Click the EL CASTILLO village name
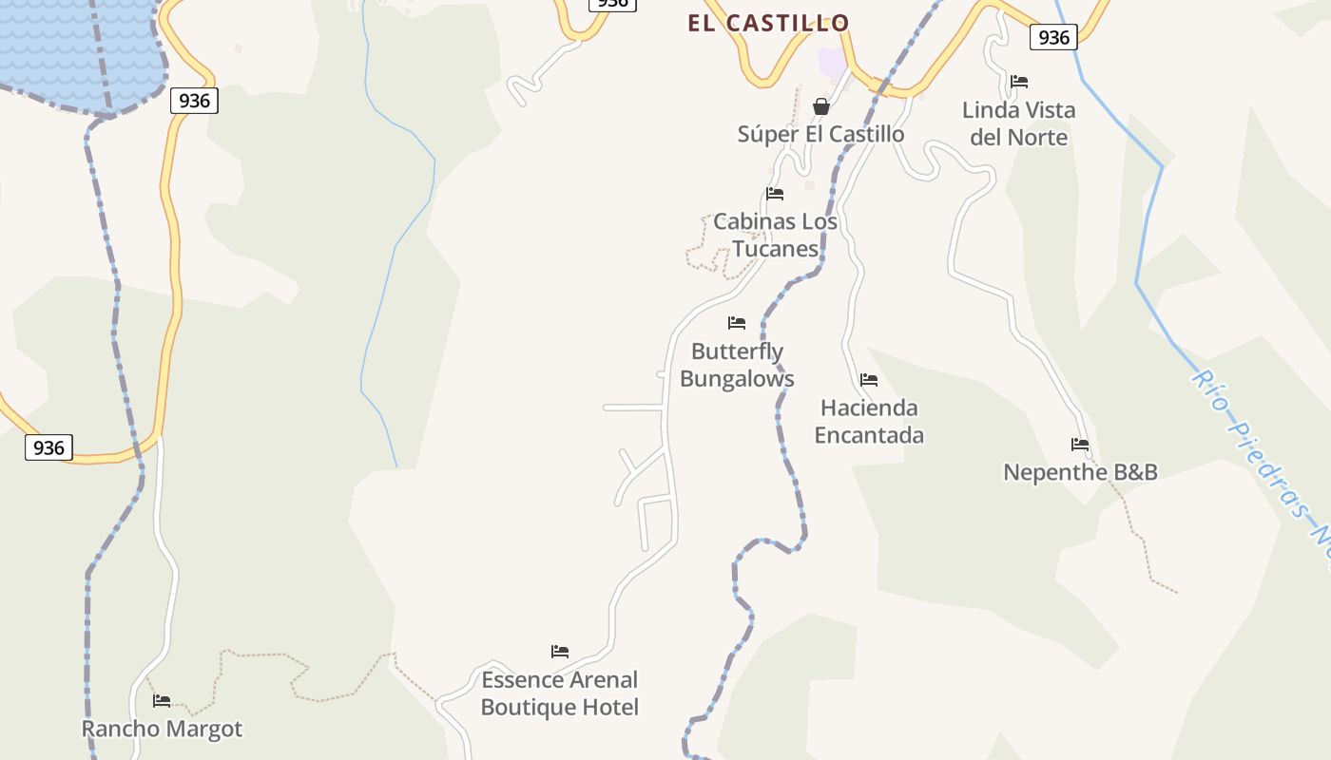[x=768, y=23]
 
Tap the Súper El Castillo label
[x=820, y=134]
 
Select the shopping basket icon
[x=821, y=106]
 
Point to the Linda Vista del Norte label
[x=1018, y=123]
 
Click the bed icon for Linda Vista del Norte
[x=1019, y=82]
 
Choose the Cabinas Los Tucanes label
[x=775, y=235]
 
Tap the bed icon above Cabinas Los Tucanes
[x=775, y=194]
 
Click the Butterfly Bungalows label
[x=737, y=365]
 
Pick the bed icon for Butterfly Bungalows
[x=737, y=323]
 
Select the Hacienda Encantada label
[x=869, y=421]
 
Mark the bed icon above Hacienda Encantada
[x=869, y=380]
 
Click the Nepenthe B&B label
[x=1080, y=472]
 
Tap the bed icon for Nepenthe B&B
[x=1080, y=444]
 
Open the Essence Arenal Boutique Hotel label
[x=559, y=693]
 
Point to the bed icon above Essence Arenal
[x=560, y=652]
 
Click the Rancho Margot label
[x=162, y=729]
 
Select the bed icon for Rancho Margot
[x=162, y=701]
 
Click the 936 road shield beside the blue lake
[x=194, y=100]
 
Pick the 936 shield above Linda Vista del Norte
[x=1052, y=37]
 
